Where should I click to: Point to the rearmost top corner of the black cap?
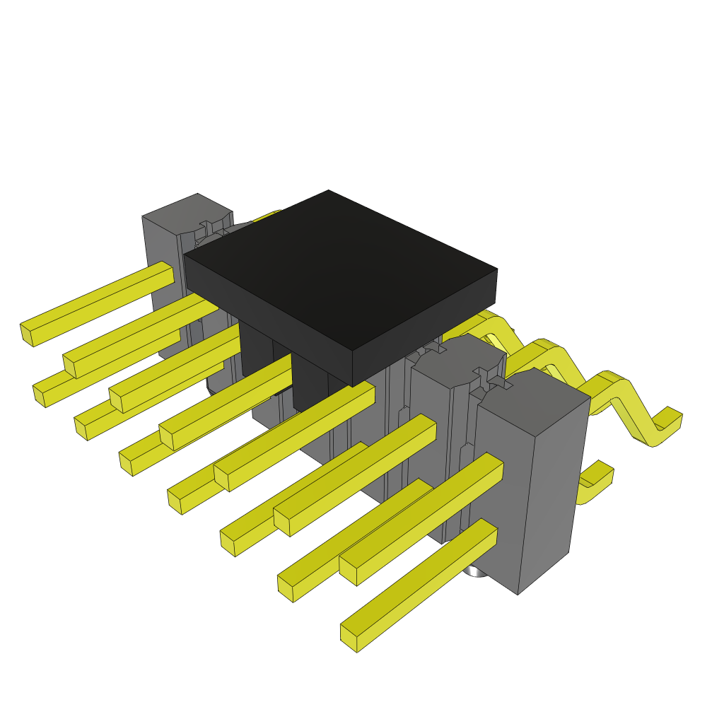pos(329,191)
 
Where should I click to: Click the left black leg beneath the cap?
pos(256,350)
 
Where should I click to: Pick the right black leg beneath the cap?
pos(310,382)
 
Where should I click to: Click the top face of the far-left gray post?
pos(185,211)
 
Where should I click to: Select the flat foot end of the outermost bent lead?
pos(668,421)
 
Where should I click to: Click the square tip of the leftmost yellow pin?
pos(27,334)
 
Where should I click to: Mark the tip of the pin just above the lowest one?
pos(286,588)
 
